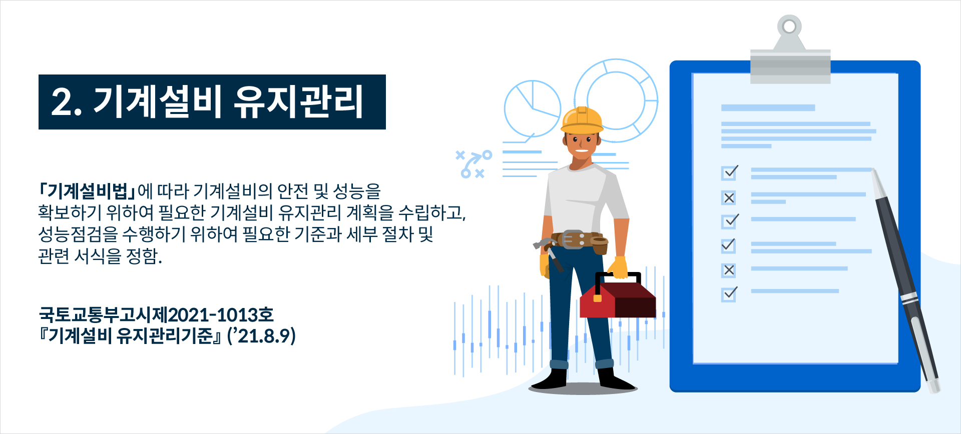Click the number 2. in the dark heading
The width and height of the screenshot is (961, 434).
tap(67, 102)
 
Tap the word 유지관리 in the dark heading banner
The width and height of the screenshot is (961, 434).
tap(299, 102)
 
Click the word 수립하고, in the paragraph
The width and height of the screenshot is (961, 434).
tap(432, 212)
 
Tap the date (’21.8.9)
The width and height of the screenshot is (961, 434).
tap(261, 335)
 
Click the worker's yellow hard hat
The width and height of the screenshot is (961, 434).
tap(582, 119)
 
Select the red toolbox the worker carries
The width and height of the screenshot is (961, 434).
tap(618, 299)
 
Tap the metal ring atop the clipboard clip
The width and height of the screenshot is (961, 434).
tap(789, 26)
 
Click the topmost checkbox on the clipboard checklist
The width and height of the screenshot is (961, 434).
tap(729, 172)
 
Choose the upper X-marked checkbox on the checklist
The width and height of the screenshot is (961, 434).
tap(729, 198)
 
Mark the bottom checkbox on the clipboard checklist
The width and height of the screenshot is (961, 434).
tap(729, 294)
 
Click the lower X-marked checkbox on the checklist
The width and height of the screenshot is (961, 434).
tap(729, 270)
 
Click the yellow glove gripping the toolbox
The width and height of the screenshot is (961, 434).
tap(619, 267)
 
